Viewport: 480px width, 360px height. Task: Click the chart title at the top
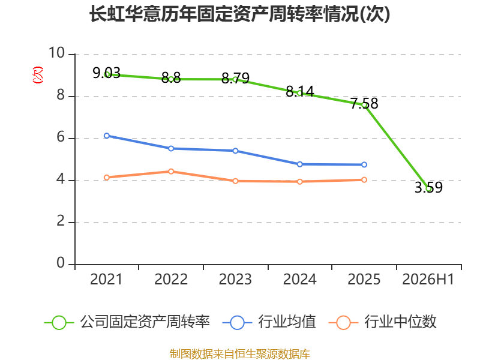(x=239, y=14)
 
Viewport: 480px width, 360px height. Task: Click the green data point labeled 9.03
(x=107, y=74)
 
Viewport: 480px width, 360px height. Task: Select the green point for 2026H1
(x=428, y=189)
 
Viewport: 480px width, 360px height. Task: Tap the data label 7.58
(x=364, y=103)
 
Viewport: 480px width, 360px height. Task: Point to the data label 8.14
(x=300, y=91)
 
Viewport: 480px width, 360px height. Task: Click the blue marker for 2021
(x=107, y=136)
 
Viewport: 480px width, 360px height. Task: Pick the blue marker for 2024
(x=299, y=164)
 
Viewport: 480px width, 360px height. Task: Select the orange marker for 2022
(x=171, y=172)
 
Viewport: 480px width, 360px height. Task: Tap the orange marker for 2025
(x=364, y=179)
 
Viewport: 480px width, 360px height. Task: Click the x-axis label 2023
(x=235, y=280)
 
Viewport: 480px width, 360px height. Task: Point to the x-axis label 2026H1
(x=428, y=280)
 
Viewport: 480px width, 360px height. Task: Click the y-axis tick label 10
(x=57, y=53)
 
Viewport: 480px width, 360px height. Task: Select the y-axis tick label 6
(x=61, y=137)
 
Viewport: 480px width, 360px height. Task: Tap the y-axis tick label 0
(x=61, y=263)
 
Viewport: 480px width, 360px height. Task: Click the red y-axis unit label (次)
(x=38, y=75)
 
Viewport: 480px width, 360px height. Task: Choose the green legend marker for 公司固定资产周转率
(x=59, y=323)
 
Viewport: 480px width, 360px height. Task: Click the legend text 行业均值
(x=287, y=322)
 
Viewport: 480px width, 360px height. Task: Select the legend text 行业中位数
(x=400, y=322)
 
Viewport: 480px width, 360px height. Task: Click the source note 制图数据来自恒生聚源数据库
(x=239, y=354)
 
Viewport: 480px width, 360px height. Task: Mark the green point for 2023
(x=235, y=80)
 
